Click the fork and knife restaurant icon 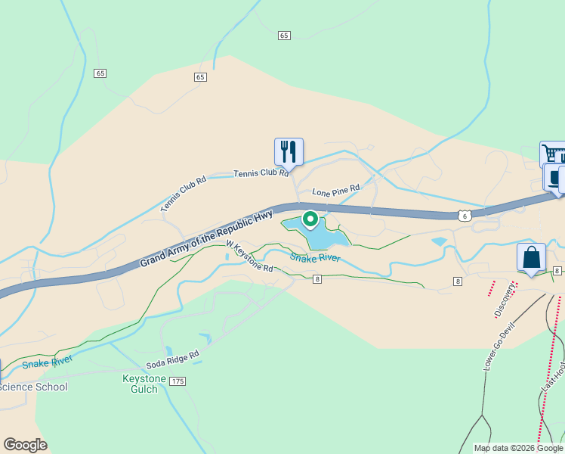click(289, 151)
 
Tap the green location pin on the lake click(310, 219)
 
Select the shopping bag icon click(532, 258)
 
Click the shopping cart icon click(553, 154)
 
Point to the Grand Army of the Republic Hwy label click(206, 238)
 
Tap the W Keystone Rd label click(250, 256)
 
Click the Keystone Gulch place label click(140, 384)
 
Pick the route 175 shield click(178, 381)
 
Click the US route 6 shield click(465, 216)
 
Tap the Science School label click(34, 387)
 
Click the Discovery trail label click(503, 301)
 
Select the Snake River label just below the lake click(315, 258)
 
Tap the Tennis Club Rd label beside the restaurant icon click(261, 173)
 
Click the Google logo click(25, 445)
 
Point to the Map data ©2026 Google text click(519, 448)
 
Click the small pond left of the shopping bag click(439, 243)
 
